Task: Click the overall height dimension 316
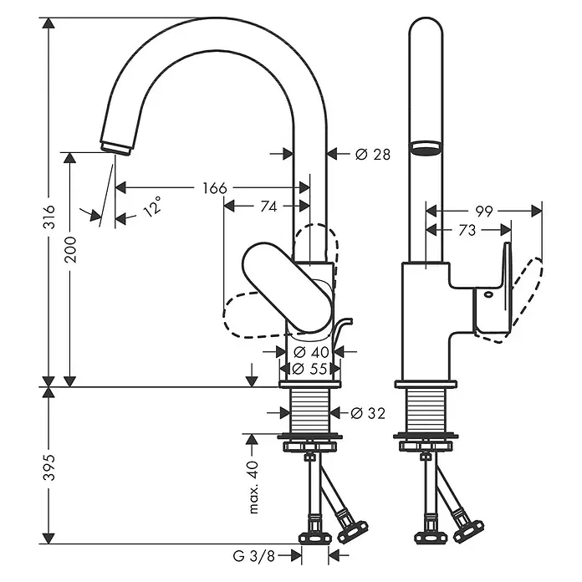[x=49, y=217]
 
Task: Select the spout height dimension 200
[x=70, y=249]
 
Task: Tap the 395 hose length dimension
[x=49, y=467]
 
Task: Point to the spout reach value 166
[x=215, y=188]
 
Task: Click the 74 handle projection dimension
[x=268, y=207]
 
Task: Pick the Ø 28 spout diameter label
[x=373, y=154]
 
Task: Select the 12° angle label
[x=152, y=207]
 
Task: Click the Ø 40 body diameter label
[x=311, y=351]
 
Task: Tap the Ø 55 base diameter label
[x=310, y=369]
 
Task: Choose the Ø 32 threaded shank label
[x=368, y=413]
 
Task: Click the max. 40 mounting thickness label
[x=253, y=487]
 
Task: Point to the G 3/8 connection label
[x=254, y=556]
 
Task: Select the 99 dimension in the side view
[x=484, y=212]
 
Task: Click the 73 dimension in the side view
[x=467, y=230]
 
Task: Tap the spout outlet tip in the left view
[x=115, y=150]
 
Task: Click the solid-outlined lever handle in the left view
[x=287, y=287]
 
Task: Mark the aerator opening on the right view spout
[x=426, y=147]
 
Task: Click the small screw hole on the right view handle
[x=488, y=294]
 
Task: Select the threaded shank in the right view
[x=426, y=411]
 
